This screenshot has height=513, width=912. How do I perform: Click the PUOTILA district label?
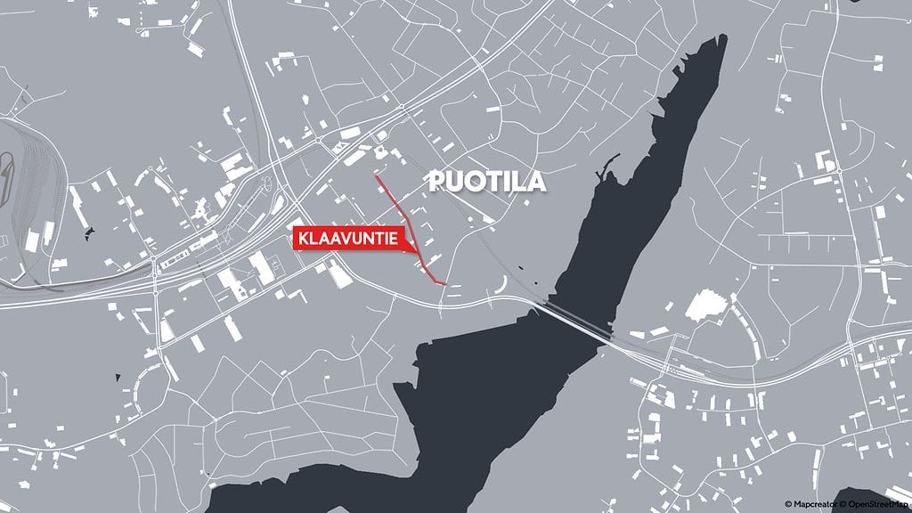click(486, 182)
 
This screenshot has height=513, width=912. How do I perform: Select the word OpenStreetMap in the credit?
click(876, 504)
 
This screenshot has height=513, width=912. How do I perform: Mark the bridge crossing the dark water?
click(579, 322)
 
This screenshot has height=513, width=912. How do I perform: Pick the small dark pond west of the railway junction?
click(88, 234)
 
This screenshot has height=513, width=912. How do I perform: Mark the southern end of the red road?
click(444, 283)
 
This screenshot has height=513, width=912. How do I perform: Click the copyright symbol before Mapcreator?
click(788, 504)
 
